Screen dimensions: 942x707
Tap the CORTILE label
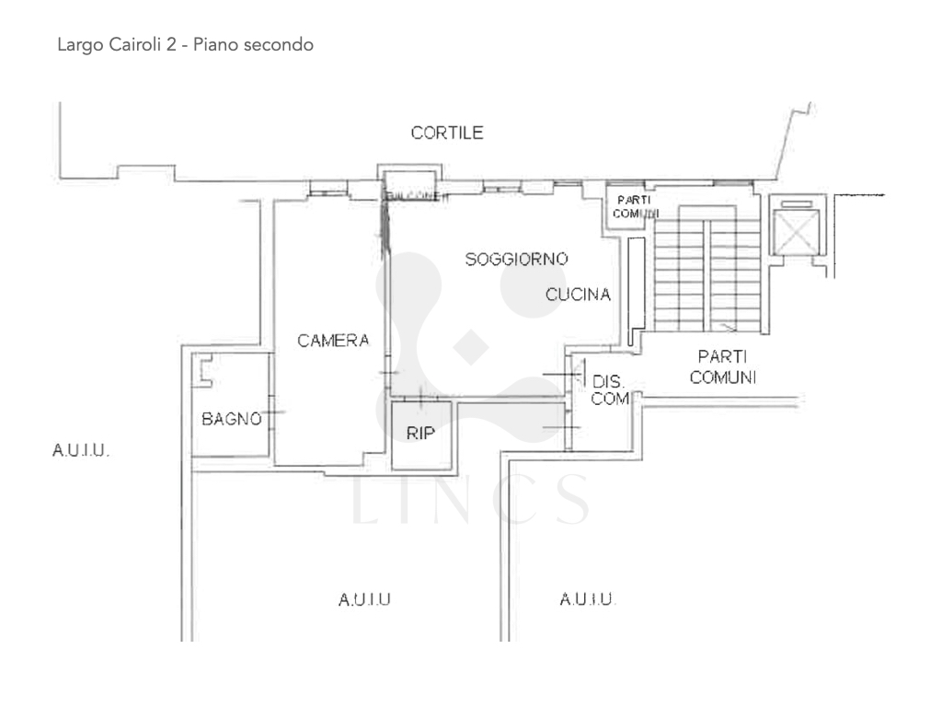tap(447, 133)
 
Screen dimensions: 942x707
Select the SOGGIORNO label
tap(515, 258)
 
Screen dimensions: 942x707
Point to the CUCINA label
tap(579, 295)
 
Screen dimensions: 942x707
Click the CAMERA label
tap(333, 341)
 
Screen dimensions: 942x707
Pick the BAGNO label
tap(232, 419)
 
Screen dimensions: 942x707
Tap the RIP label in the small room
tap(420, 434)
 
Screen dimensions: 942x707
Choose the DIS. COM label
tap(609, 389)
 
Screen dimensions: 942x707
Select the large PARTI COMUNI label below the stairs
tap(727, 365)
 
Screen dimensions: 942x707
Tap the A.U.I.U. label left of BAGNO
tap(83, 451)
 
